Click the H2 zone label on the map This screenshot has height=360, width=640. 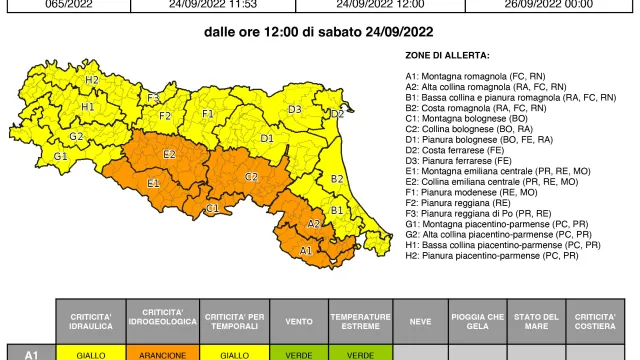[x=91, y=79]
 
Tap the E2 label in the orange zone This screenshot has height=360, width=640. [x=170, y=154]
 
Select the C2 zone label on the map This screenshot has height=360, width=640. [x=251, y=176]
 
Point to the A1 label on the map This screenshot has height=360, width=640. [x=305, y=249]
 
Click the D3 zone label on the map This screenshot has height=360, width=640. [x=295, y=109]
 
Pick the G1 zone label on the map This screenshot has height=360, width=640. [x=61, y=156]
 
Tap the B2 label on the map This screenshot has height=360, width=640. [x=337, y=179]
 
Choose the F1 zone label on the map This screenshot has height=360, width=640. [x=208, y=113]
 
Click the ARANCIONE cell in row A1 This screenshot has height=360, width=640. [x=154, y=353]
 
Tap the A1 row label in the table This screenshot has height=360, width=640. [x=30, y=353]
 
